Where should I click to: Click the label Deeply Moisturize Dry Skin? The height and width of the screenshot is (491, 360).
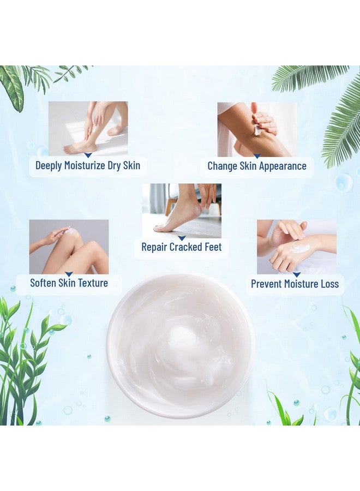[x=88, y=165]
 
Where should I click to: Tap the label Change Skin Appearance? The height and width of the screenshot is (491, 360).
[x=257, y=166]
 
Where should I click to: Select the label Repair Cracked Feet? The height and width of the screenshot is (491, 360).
[x=182, y=247]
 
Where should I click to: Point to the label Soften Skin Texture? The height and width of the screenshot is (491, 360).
[x=69, y=283]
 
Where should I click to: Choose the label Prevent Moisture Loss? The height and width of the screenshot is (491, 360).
[x=295, y=284]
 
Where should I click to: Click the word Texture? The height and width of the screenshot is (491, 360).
[x=92, y=283]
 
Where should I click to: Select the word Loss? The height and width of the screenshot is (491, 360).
[x=328, y=284]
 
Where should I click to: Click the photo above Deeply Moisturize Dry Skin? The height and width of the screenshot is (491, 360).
[x=88, y=128]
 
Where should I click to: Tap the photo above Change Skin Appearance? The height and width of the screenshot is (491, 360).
[x=257, y=129]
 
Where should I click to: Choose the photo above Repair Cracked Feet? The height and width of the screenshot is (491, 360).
[x=182, y=210]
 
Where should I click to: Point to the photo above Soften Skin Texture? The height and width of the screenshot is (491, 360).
[x=69, y=247]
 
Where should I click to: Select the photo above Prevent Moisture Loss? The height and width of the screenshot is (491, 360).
[x=296, y=247]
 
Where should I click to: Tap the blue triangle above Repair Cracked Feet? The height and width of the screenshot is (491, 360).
[x=182, y=238]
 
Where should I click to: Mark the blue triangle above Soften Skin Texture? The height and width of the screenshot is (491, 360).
[x=69, y=274]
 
